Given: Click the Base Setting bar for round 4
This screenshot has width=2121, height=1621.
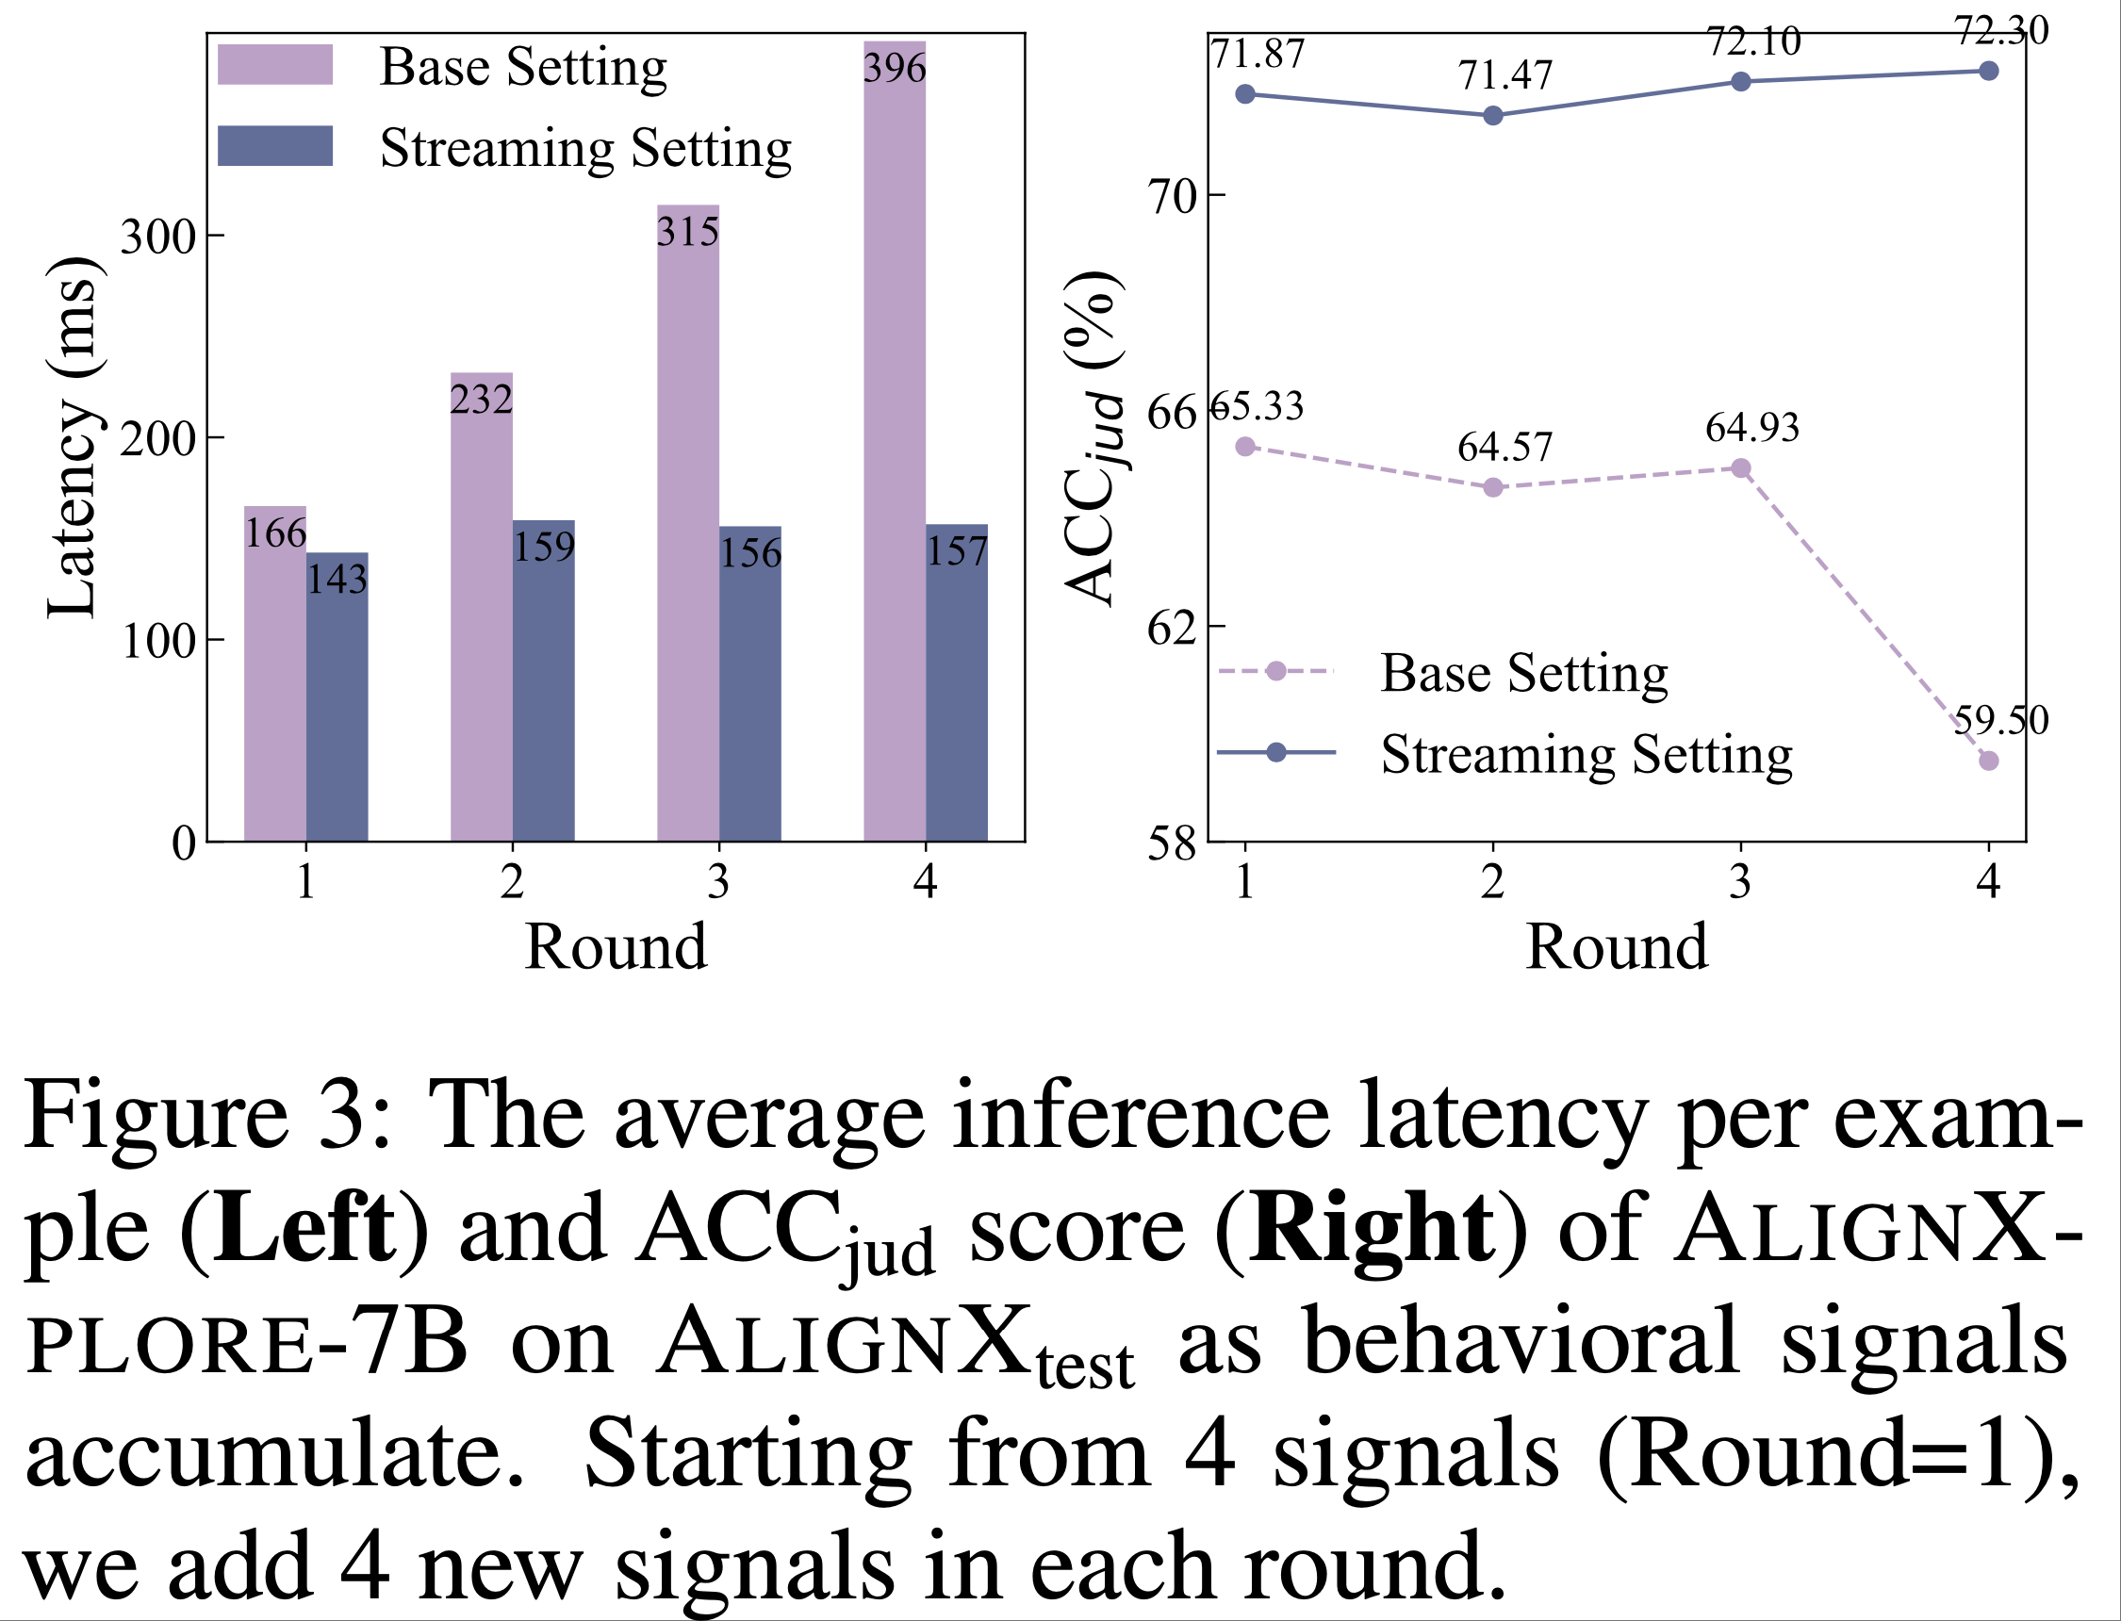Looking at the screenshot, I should point(894,444).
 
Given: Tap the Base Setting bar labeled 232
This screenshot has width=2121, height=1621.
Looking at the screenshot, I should point(482,608).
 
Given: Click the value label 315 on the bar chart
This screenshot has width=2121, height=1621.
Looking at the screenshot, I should point(687,233).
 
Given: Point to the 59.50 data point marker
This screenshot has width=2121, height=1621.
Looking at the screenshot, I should point(1988,761).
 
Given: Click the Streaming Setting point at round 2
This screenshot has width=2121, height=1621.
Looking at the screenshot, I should point(1492,116).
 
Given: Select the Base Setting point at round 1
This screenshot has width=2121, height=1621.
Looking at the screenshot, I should point(1245,446).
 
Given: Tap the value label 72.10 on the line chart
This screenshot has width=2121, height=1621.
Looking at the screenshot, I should point(1753,41).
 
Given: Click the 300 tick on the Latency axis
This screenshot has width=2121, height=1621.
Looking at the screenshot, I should point(157,236).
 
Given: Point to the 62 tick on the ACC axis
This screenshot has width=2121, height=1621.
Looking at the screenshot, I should point(1171,627).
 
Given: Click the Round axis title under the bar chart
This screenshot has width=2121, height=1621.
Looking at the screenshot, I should point(616,946).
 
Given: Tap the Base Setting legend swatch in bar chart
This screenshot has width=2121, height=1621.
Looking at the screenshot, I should point(275,65).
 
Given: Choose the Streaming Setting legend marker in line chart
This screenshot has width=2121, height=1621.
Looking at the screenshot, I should point(1275,753).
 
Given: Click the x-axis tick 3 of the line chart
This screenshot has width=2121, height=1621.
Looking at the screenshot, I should point(1740,881).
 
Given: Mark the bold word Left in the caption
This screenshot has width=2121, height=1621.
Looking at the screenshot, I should point(304,1228).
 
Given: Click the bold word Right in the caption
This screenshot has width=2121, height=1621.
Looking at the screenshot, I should point(1371,1228).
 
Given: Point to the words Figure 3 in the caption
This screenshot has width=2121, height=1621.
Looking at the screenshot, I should point(207,1117).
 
